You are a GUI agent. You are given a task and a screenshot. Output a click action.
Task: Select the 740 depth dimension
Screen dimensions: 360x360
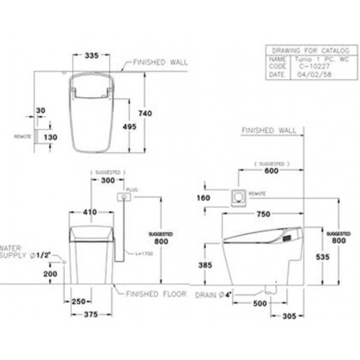145,113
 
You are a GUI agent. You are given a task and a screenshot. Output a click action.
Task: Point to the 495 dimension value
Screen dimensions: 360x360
129,126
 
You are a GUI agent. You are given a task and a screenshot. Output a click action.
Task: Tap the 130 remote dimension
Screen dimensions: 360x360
50,137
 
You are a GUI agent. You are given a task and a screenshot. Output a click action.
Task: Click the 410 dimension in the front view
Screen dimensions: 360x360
90,212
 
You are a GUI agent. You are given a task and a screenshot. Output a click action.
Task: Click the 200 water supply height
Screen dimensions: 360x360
50,274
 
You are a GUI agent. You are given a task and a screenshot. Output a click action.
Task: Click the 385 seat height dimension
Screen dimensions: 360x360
205,266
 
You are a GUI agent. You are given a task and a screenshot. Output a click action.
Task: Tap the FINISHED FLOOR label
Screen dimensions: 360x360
156,294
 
